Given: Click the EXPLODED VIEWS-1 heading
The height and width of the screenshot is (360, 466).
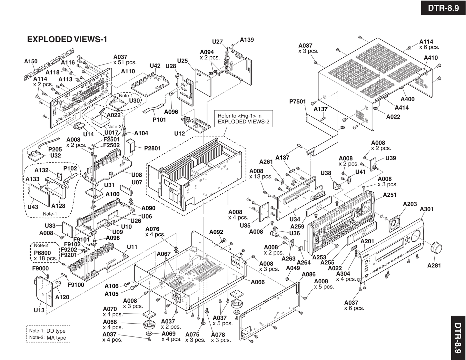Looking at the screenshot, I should pos(67,39).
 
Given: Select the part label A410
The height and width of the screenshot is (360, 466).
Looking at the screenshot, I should pos(431,58).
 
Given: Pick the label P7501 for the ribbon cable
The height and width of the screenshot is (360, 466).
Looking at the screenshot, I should pos(297,102).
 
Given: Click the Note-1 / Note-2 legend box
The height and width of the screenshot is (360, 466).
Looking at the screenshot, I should pos(48,334).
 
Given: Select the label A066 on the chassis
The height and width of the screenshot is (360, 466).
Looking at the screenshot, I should pos(258,282).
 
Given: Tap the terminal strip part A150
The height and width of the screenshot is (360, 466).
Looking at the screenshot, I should pos(48,70).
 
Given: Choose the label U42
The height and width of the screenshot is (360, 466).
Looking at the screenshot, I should pos(155,66).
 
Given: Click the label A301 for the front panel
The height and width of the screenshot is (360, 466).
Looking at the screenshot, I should pos(427,209).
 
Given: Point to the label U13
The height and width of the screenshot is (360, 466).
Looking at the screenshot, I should pos(39,310).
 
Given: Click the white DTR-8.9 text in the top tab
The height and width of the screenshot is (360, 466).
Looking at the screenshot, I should pos(443,8).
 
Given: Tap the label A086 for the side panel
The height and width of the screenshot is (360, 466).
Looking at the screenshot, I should pos(309,275).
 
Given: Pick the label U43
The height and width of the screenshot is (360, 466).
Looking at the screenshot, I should pos(33,207).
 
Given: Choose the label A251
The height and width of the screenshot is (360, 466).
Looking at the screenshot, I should pos(390,195).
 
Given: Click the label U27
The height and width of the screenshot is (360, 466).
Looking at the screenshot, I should pos(217,42).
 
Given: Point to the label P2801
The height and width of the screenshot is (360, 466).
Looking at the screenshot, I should pos(152,148).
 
